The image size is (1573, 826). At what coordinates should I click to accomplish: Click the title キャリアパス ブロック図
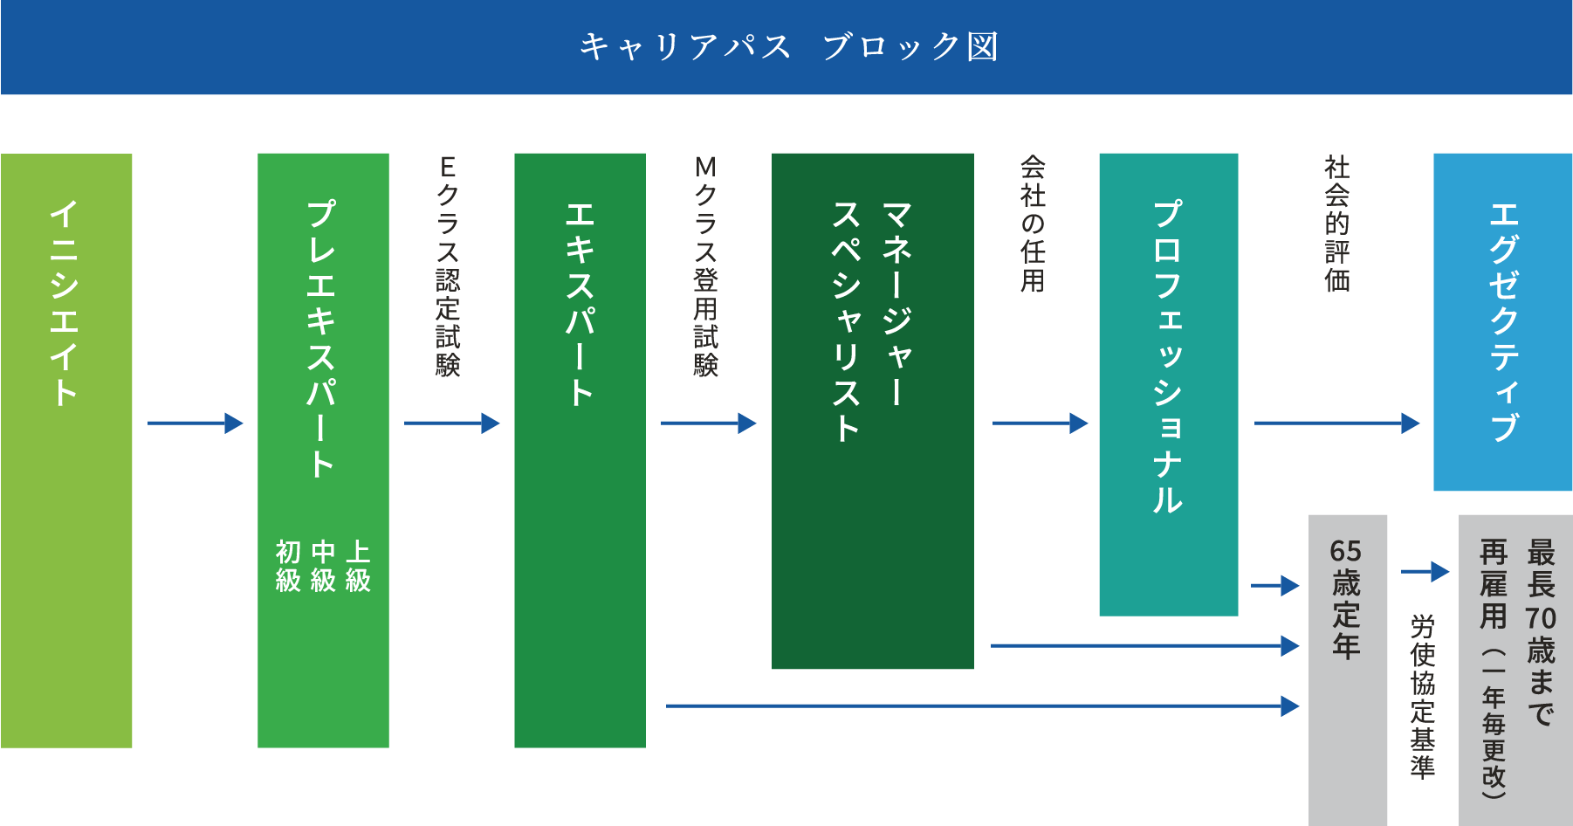pyautogui.click(x=788, y=46)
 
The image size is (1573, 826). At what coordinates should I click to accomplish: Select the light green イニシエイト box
pyautogui.click(x=66, y=451)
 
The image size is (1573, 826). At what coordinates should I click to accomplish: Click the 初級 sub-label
pyautogui.click(x=288, y=566)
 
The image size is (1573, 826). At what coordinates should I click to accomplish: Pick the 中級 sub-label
pyautogui.click(x=323, y=566)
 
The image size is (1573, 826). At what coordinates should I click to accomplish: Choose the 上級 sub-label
pyautogui.click(x=358, y=566)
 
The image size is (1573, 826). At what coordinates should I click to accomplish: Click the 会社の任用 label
pyautogui.click(x=1033, y=224)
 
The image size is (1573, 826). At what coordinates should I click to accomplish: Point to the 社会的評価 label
pyautogui.click(x=1336, y=224)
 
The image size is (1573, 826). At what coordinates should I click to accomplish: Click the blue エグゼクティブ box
pyautogui.click(x=1502, y=321)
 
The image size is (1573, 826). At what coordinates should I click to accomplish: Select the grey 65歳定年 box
pyautogui.click(x=1347, y=668)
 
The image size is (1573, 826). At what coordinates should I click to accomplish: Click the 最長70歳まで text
pyautogui.click(x=1541, y=633)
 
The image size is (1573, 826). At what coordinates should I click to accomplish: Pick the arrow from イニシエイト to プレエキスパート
pyautogui.click(x=196, y=423)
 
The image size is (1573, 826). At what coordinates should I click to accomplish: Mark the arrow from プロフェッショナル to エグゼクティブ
pyautogui.click(x=1336, y=423)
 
